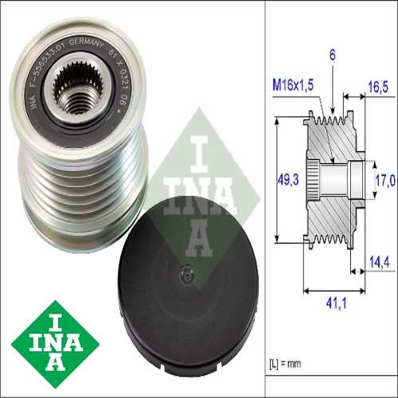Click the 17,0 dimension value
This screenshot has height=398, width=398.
click(x=384, y=181)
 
